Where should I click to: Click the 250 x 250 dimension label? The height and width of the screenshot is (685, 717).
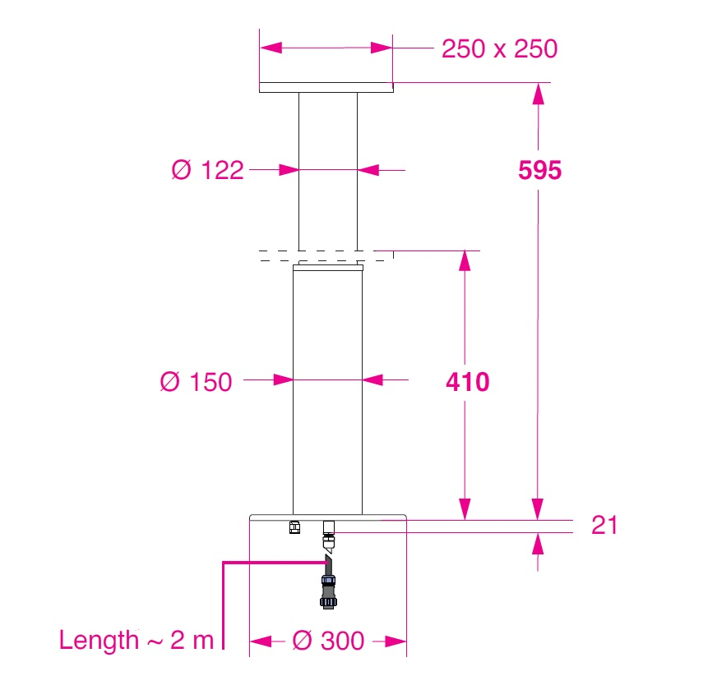click(499, 49)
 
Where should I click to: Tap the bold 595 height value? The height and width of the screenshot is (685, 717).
click(539, 170)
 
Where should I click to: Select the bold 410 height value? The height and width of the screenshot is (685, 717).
click(467, 382)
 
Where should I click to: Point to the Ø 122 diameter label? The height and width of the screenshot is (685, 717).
click(208, 170)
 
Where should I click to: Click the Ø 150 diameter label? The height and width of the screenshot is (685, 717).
click(196, 382)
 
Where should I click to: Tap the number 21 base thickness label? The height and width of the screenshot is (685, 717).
click(604, 526)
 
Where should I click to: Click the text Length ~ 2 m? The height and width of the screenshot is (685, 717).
click(136, 641)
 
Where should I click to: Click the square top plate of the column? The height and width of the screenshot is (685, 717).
click(326, 88)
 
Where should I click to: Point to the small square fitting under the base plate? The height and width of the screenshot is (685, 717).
click(294, 527)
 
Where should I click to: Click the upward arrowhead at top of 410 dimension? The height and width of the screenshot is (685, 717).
click(465, 260)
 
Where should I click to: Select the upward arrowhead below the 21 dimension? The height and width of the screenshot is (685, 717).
click(539, 542)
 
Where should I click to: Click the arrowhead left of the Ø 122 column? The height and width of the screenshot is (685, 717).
click(288, 170)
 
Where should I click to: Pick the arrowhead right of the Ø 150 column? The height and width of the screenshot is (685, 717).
click(372, 379)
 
